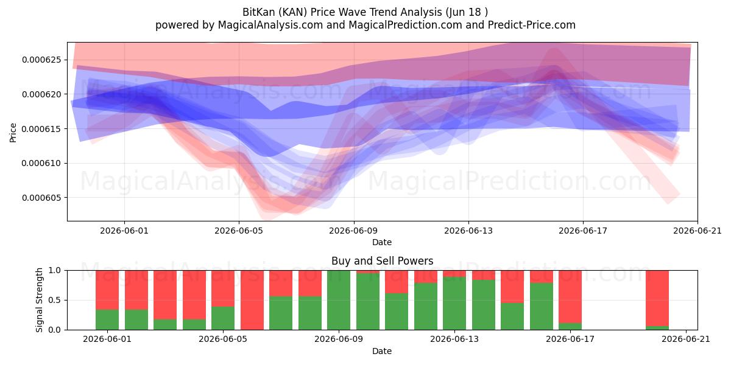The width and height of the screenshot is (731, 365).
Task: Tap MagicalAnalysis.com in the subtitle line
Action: (x=270, y=25)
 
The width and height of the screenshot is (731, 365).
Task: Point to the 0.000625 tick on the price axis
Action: (x=41, y=60)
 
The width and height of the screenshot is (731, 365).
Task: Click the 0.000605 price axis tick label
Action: (x=41, y=198)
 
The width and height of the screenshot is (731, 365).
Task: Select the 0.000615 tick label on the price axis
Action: (x=41, y=129)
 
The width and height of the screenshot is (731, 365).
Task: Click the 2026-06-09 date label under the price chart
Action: (x=353, y=231)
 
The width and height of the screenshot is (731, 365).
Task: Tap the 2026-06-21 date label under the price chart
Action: (x=697, y=231)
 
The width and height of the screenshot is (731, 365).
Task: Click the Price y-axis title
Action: (x=13, y=133)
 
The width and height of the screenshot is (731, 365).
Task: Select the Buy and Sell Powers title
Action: (x=382, y=261)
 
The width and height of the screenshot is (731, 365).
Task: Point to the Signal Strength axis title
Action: (x=39, y=300)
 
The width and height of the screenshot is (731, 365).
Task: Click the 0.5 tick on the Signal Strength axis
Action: (x=54, y=300)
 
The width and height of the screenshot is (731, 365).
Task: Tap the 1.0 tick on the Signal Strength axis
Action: (x=54, y=270)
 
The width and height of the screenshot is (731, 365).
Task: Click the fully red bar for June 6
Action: (x=252, y=300)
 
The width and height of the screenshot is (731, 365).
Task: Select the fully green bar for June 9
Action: (x=339, y=300)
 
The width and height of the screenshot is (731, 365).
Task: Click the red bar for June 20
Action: (x=657, y=298)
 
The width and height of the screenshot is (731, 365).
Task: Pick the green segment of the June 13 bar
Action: (x=454, y=304)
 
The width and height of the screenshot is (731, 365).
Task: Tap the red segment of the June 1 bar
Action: (x=107, y=290)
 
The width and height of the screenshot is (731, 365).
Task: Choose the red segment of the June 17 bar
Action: (x=570, y=297)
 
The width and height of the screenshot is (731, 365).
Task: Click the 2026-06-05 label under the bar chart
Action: (x=223, y=339)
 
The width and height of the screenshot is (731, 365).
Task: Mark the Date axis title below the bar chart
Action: (x=382, y=351)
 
